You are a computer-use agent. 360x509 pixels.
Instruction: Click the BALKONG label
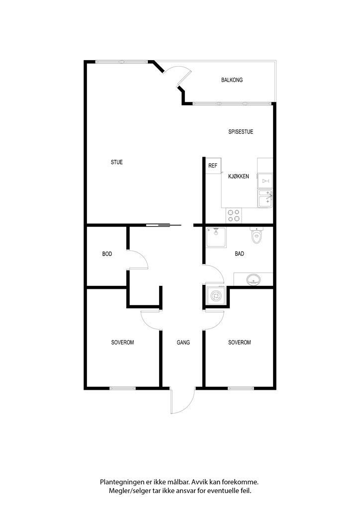232,80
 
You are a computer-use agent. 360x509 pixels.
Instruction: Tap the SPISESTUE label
241,132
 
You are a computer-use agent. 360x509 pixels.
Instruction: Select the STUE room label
117,162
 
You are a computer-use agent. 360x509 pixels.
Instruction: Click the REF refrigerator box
213,166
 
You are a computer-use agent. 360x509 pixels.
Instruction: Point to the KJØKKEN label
239,176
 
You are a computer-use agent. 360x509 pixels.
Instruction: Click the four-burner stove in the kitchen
234,216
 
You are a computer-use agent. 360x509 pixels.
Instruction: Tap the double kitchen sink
265,199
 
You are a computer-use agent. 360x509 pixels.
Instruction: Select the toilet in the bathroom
257,235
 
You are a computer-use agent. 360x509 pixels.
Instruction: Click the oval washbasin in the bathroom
253,279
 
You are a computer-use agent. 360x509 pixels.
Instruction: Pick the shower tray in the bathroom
216,237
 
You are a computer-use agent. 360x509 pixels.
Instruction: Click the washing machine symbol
215,295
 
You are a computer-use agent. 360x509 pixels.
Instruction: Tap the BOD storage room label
107,254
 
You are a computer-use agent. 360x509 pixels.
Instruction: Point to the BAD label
240,254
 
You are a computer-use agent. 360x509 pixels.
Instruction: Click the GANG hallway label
183,342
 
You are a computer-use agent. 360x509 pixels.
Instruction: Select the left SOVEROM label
122,342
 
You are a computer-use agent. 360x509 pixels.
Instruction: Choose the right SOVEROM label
240,342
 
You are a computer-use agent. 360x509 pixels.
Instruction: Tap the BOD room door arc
143,256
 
